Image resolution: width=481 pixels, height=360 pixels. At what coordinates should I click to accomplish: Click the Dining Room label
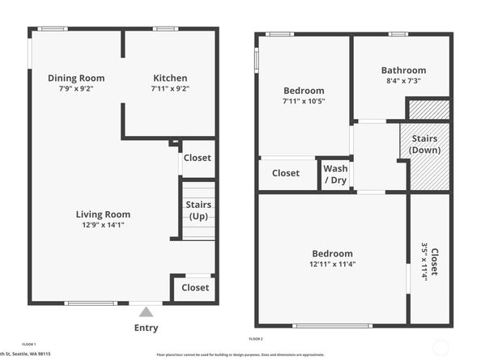pos(76,78)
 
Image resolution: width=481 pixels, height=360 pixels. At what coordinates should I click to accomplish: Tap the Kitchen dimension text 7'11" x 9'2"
pos(170,89)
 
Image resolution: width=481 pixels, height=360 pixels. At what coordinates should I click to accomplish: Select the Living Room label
pos(103,214)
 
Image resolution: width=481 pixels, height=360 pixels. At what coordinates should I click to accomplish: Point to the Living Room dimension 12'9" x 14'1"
pos(103,225)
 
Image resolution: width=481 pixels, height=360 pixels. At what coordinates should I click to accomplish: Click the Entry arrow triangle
pos(146,311)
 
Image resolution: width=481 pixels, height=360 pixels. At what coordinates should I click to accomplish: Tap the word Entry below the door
pos(146,328)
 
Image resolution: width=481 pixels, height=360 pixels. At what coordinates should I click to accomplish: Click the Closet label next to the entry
pos(195,287)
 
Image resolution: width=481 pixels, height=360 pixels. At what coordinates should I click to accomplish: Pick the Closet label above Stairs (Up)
pos(198,159)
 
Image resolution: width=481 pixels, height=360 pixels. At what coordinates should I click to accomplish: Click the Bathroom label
pos(403,70)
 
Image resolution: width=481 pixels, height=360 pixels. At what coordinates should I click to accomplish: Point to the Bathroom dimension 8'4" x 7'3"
pos(403,81)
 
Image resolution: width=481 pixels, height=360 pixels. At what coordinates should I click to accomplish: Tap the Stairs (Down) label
pos(425,144)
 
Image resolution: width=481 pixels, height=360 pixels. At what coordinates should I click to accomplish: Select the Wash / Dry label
pos(335,174)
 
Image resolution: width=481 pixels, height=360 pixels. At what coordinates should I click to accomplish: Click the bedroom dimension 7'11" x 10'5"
pos(304,101)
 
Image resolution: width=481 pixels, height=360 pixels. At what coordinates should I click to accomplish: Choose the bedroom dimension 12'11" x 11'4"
pos(332,264)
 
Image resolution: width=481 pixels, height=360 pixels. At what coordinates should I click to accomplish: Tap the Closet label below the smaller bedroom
pos(285,173)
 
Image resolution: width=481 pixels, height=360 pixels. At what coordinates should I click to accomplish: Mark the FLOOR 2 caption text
pos(255,338)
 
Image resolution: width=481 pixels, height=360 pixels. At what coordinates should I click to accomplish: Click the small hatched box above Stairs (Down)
pos(428,110)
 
